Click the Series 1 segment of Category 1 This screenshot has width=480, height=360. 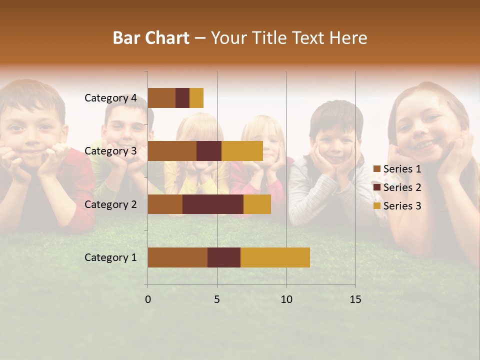(x=177, y=257)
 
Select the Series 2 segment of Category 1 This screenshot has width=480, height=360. (x=224, y=257)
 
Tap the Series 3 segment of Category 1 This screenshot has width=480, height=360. (x=275, y=257)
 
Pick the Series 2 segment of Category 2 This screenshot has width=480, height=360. (x=213, y=204)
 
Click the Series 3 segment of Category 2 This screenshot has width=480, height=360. (x=257, y=204)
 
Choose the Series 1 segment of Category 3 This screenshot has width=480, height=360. (x=172, y=151)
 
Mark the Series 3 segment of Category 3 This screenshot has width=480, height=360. (x=242, y=151)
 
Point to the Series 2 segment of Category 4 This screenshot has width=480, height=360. (x=182, y=98)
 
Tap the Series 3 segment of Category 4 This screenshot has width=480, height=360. (x=196, y=98)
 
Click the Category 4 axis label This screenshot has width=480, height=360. (x=110, y=98)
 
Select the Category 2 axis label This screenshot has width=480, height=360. (x=110, y=204)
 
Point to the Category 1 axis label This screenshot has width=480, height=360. (x=110, y=257)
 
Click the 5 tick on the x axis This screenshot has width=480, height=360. (x=217, y=299)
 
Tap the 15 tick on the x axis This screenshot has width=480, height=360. (x=355, y=299)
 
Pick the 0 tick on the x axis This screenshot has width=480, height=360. (x=148, y=299)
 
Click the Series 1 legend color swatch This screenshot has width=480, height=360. (x=376, y=169)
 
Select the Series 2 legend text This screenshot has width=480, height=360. (x=402, y=187)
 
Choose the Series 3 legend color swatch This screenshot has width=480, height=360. (x=376, y=206)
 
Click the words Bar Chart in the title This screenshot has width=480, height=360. (x=151, y=38)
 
